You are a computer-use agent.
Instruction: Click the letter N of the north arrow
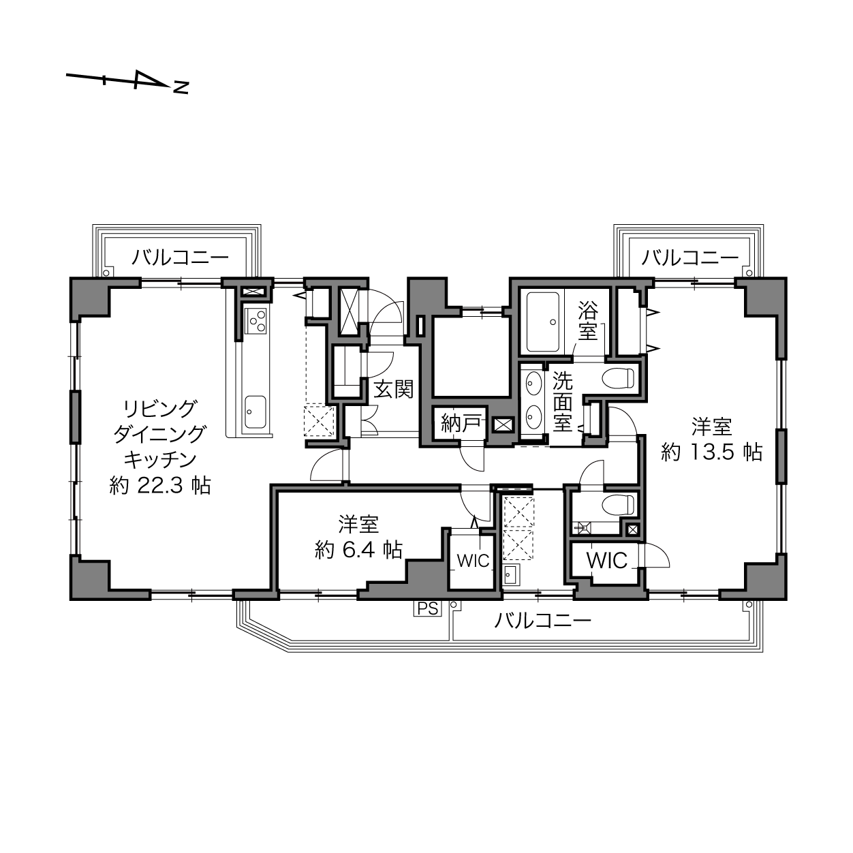181,87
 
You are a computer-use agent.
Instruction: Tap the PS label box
428,608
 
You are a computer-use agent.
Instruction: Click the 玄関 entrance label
394,390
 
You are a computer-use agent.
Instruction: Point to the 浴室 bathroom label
588,321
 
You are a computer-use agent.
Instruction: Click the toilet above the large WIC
620,504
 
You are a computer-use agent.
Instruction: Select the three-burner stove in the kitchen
257,321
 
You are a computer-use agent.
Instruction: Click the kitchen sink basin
255,412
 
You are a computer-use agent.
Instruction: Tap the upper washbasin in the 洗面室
531,383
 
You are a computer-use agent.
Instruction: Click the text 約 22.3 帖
160,486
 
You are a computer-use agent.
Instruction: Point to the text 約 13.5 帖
711,452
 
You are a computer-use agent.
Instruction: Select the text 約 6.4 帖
358,550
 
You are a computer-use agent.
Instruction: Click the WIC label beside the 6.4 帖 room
474,561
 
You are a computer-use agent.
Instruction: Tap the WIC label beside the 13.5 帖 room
607,561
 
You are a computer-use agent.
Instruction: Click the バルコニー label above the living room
180,257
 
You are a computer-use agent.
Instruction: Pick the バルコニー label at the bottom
543,621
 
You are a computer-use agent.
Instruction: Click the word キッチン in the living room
160,460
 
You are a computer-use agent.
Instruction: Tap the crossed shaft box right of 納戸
503,424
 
